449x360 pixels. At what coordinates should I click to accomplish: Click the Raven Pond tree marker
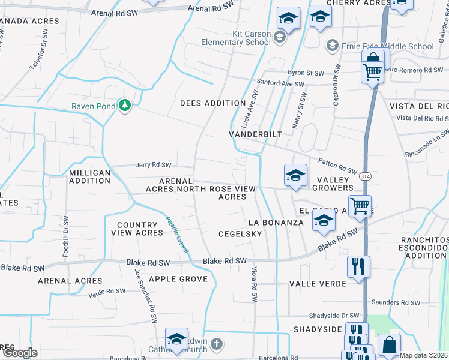pos(125,106)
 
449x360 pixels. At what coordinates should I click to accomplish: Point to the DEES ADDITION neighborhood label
pos(213,103)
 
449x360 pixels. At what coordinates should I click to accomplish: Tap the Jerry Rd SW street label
pos(153,165)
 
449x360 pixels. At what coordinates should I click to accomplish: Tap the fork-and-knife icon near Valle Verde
pos(358,265)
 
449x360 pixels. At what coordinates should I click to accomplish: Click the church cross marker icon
pos(217,344)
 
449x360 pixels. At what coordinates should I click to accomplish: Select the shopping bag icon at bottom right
pos(389,345)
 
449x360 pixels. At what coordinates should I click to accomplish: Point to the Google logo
pos(19,353)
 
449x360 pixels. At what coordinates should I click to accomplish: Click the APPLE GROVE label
pos(178,279)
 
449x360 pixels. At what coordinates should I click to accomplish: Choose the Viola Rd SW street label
pos(254,284)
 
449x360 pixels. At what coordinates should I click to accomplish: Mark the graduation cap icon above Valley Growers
pos(295,175)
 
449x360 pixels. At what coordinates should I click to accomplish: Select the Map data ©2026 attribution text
pos(423,355)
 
